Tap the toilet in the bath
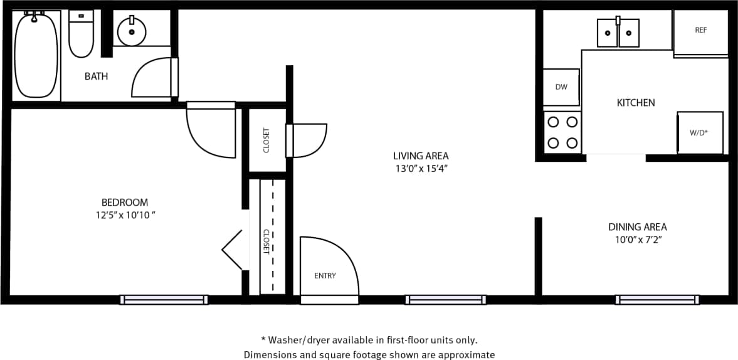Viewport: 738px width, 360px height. [x=81, y=34]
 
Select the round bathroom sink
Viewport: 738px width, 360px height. [x=132, y=31]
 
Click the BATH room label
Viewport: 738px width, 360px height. [x=96, y=77]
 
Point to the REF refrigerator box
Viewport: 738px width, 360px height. [x=700, y=31]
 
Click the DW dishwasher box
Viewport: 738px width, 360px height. [x=561, y=87]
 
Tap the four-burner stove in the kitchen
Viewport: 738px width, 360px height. [x=562, y=132]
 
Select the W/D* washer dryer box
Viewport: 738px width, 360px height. [x=699, y=133]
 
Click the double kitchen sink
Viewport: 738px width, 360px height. [x=618, y=33]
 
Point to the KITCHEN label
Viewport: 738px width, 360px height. [x=636, y=103]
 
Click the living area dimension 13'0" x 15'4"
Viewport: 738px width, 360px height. [x=421, y=169]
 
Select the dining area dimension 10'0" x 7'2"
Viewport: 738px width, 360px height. [x=637, y=240]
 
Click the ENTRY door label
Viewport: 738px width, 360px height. [x=325, y=276]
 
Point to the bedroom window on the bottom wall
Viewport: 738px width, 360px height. [x=164, y=300]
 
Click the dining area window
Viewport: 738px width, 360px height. [x=656, y=300]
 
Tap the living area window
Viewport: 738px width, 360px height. [x=445, y=300]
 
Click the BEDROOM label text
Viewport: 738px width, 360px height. [x=125, y=203]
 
